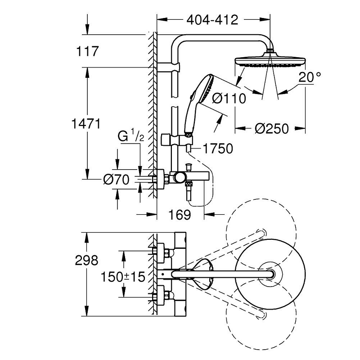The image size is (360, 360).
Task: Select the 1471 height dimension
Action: pyautogui.click(x=85, y=123)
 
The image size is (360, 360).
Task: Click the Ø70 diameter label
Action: pyautogui.click(x=116, y=180)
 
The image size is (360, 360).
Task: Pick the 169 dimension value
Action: pyautogui.click(x=180, y=215)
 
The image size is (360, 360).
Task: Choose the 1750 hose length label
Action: pyautogui.click(x=218, y=148)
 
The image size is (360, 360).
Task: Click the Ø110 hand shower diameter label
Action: pyautogui.click(x=229, y=98)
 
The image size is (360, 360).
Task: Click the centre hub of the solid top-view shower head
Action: pyautogui.click(x=272, y=274)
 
